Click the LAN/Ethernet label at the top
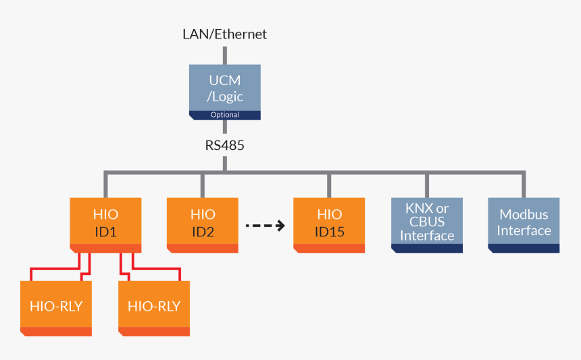click(225, 34)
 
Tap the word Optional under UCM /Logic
click(225, 115)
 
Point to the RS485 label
click(225, 145)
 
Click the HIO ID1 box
click(105, 223)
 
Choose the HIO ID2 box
click(203, 223)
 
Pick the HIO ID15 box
click(330, 223)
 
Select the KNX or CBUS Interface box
click(427, 223)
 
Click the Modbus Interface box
click(524, 223)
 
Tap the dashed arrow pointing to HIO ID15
click(265, 226)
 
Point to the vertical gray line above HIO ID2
click(203, 185)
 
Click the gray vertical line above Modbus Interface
click(524, 185)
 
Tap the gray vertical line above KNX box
click(427, 185)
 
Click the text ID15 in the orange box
click(330, 232)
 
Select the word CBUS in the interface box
click(427, 222)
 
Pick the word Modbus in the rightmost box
click(524, 215)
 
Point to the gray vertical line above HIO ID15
click(330, 185)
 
